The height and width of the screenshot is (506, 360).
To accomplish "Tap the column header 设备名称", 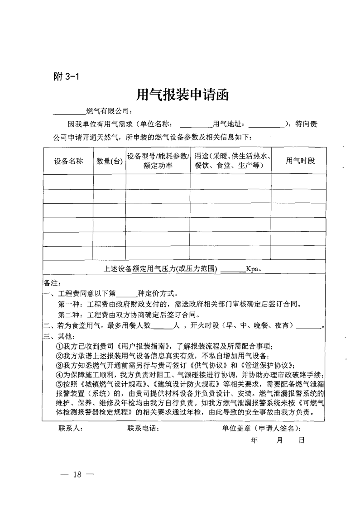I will click(x=68, y=161).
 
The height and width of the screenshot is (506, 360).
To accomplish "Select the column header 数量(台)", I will click(x=110, y=161).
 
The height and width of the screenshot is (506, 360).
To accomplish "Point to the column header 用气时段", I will click(x=299, y=161).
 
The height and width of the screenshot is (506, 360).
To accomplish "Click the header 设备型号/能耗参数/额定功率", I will click(x=158, y=161).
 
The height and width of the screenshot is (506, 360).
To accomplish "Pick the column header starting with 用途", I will click(x=231, y=161).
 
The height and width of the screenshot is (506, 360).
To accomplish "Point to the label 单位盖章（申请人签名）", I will click(x=261, y=428).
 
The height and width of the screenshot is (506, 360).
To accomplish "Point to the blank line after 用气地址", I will click(x=265, y=124).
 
